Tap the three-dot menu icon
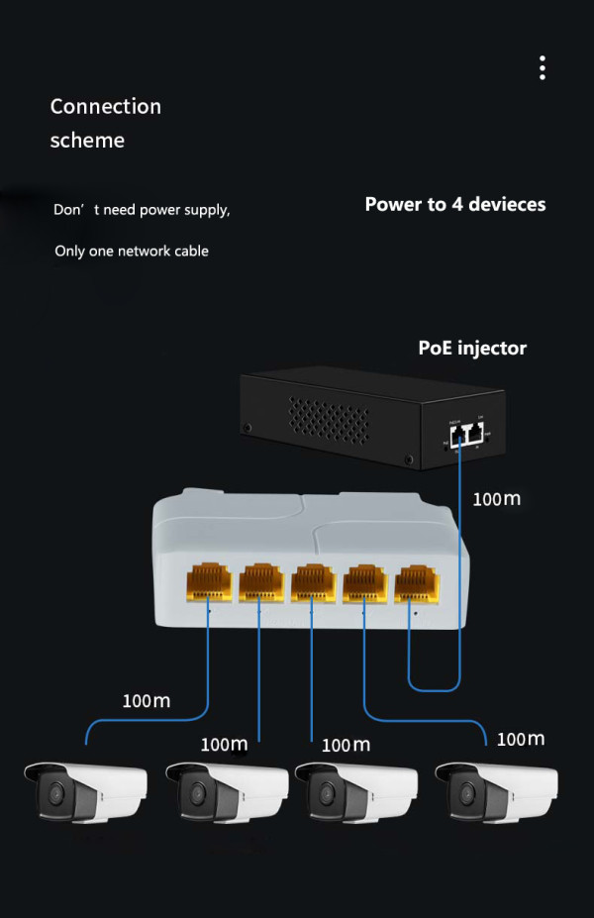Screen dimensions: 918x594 tap(543, 68)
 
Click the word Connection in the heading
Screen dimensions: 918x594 tap(105, 106)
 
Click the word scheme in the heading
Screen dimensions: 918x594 tap(87, 141)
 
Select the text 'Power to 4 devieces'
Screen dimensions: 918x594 tap(454, 205)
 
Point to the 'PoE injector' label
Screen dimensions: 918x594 tap(472, 349)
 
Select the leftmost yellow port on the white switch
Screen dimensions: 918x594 tap(208, 582)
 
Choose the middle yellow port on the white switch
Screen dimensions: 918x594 tap(312, 582)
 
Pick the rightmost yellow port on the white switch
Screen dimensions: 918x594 tap(416, 582)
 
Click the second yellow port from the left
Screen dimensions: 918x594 tap(260, 582)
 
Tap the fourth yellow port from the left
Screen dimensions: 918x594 tap(364, 582)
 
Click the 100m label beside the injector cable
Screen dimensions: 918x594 tap(496, 499)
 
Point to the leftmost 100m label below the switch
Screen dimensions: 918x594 tap(146, 701)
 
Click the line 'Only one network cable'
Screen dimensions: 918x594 tap(132, 252)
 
